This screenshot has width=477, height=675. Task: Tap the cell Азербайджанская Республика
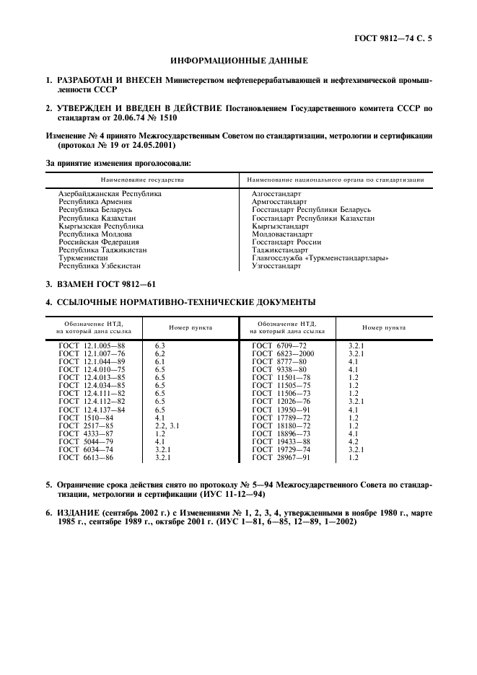coord(110,194)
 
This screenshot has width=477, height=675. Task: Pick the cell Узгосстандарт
coord(276,266)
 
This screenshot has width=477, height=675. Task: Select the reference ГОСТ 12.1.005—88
coord(92,346)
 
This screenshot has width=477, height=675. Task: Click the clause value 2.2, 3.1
coord(167,425)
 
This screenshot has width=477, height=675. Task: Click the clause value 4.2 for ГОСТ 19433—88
coord(354,441)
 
